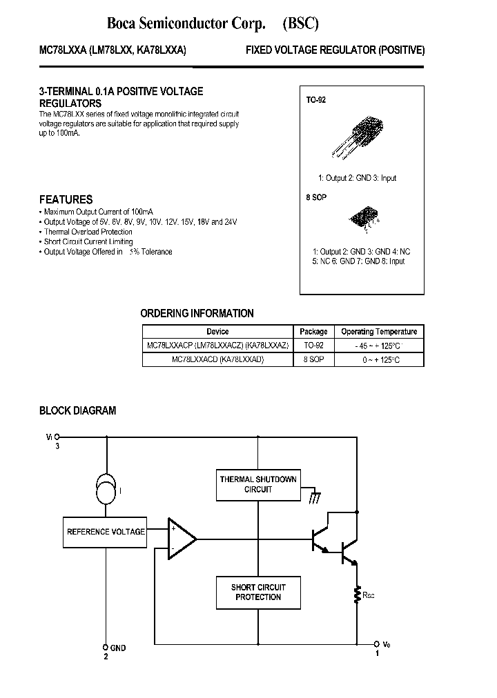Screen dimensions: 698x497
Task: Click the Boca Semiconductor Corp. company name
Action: click(186, 24)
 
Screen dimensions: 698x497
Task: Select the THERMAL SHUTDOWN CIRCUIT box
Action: click(257, 484)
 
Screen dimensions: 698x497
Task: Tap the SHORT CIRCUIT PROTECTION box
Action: click(257, 592)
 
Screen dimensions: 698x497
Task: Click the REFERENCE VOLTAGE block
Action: click(106, 532)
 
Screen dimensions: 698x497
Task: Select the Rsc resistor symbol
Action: click(358, 595)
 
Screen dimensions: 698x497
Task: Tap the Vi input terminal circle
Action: click(57, 437)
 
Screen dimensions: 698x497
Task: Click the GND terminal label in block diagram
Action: click(117, 648)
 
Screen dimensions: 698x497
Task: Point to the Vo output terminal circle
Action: click(377, 641)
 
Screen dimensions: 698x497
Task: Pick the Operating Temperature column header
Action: click(379, 332)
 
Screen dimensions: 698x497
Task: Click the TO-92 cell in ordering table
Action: click(313, 346)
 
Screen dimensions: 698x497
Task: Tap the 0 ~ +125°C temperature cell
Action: click(379, 360)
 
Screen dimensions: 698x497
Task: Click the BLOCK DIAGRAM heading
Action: click(77, 410)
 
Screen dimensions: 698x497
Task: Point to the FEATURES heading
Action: click(66, 199)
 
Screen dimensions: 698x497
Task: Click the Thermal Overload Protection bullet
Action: click(88, 232)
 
